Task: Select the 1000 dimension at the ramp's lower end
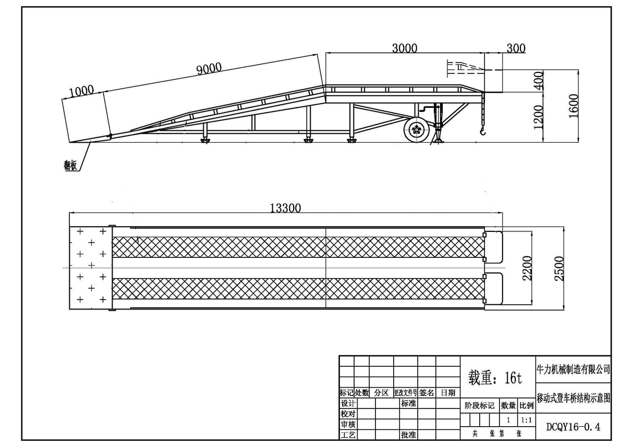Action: (81, 91)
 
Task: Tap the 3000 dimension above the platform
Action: (404, 48)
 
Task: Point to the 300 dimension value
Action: (516, 48)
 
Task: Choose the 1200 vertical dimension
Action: (539, 116)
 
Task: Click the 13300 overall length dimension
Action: (285, 208)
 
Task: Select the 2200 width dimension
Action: (527, 268)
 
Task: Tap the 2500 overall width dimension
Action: (559, 268)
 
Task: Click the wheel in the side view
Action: (416, 130)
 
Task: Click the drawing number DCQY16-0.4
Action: (573, 427)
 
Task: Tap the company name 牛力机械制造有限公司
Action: (573, 369)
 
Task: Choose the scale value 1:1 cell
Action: (527, 419)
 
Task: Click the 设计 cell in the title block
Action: (347, 404)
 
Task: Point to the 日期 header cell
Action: (447, 392)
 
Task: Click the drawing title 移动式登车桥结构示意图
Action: (573, 398)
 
